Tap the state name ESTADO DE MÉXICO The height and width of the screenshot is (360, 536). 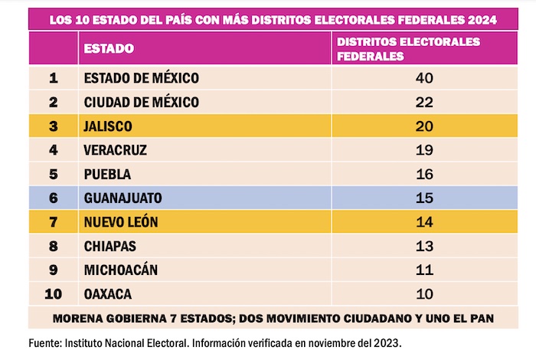142,77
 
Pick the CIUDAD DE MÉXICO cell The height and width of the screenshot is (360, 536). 142,102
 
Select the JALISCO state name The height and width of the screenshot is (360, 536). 109,126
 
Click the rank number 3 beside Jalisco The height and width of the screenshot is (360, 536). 53,126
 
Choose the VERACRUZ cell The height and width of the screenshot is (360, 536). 116,150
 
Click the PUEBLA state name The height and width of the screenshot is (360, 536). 107,174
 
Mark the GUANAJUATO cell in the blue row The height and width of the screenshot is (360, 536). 123,198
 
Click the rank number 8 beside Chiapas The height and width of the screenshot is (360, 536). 53,246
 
